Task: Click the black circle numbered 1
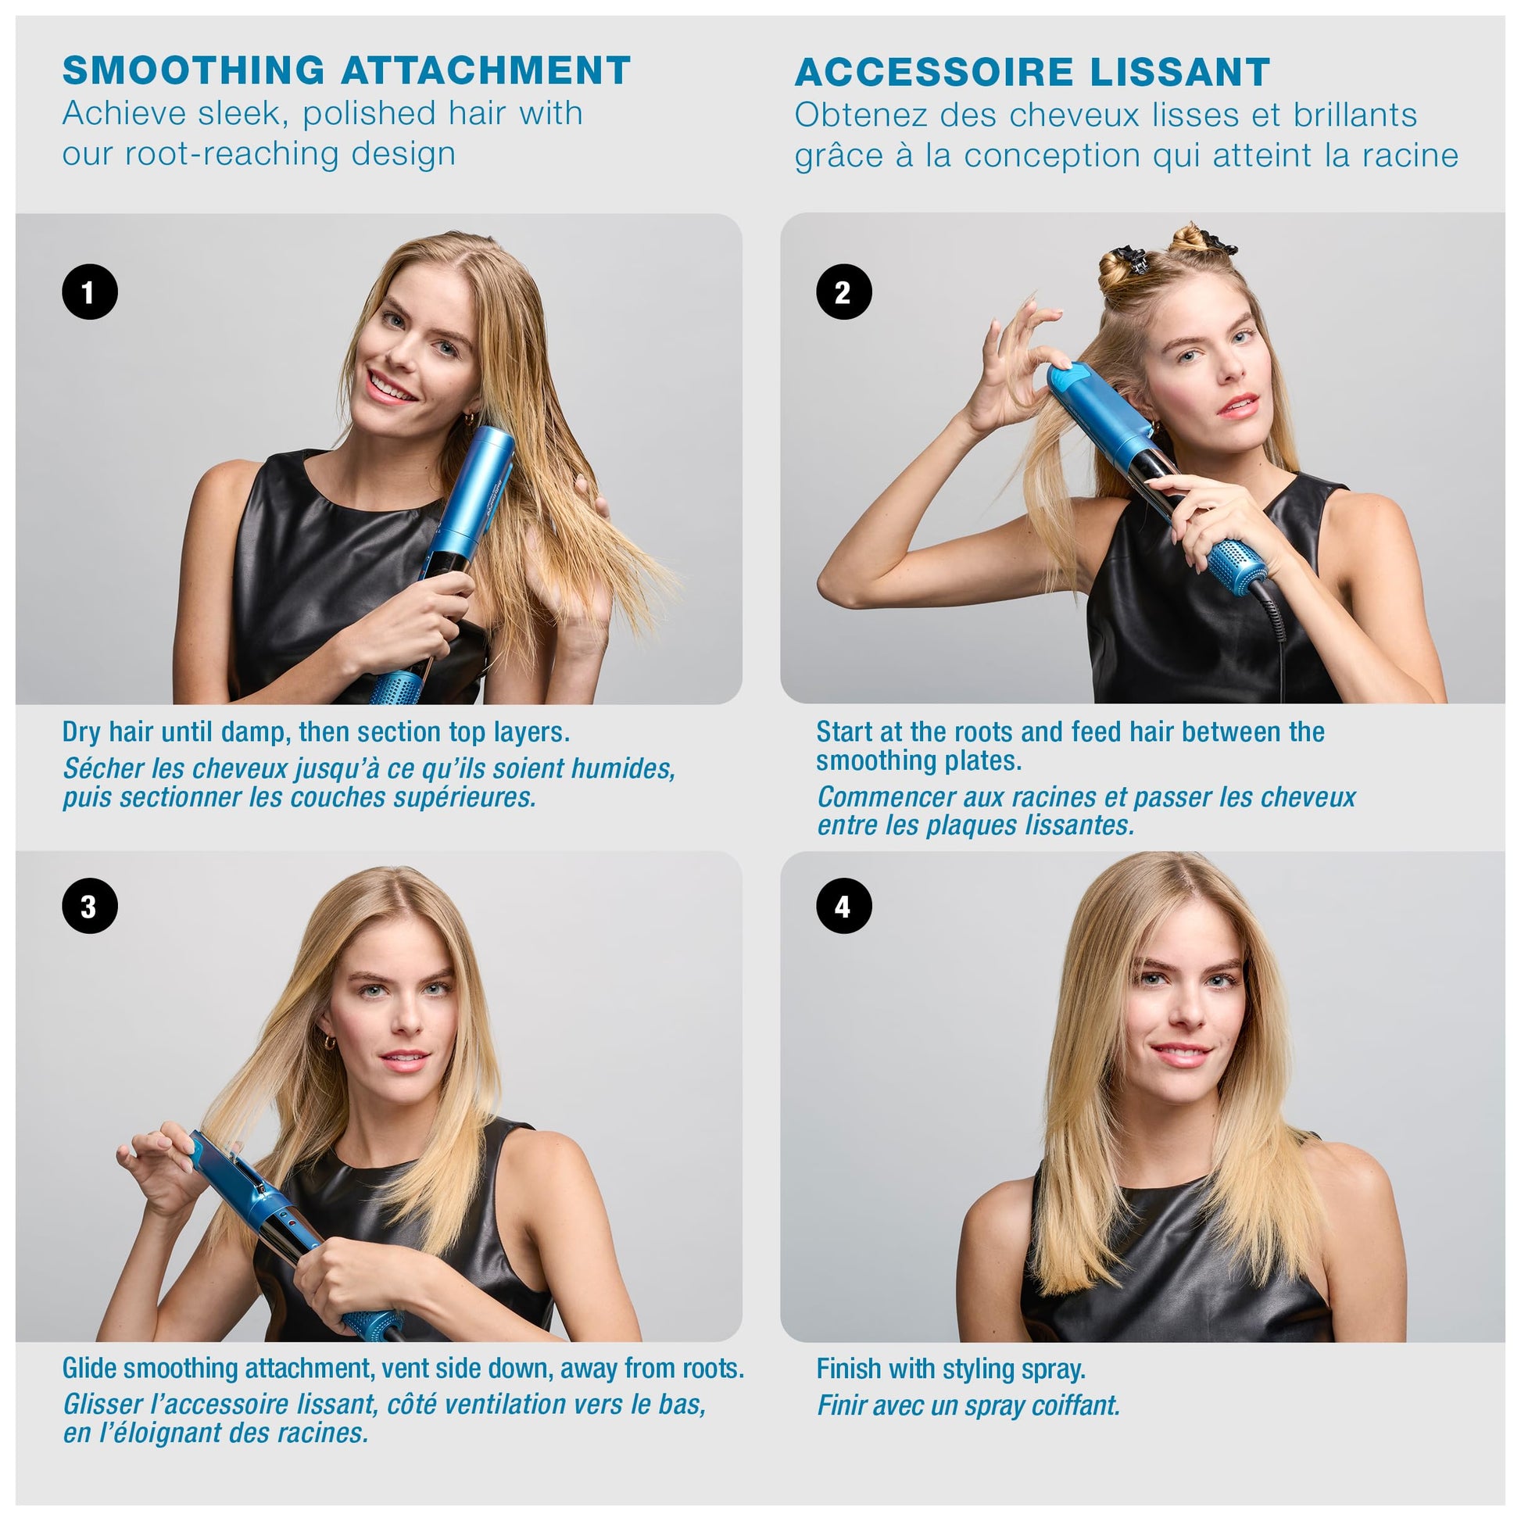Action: pyautogui.click(x=90, y=292)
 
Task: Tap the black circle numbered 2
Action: pyautogui.click(x=844, y=292)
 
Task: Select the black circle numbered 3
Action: pyautogui.click(x=90, y=906)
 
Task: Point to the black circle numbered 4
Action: pyautogui.click(x=844, y=906)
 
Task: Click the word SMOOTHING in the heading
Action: pyautogui.click(x=193, y=70)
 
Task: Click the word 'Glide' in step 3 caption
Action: pyautogui.click(x=90, y=1369)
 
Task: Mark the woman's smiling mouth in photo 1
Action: pyautogui.click(x=390, y=388)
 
